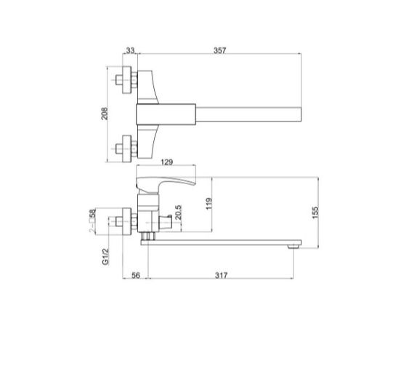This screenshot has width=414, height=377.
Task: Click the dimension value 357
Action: [221, 50]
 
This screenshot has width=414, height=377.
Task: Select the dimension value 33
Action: [130, 50]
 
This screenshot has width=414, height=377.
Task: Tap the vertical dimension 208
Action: [104, 114]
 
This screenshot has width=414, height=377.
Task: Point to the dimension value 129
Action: [166, 162]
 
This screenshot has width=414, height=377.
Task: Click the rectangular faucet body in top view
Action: [167, 114]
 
